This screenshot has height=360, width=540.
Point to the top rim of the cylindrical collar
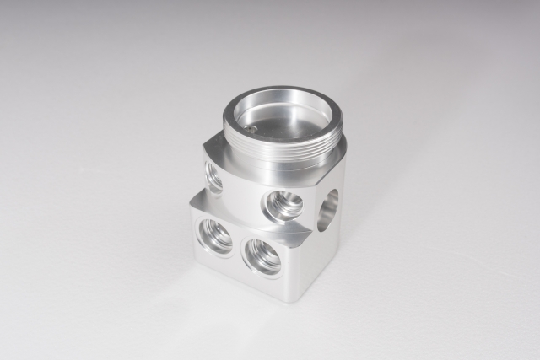283,90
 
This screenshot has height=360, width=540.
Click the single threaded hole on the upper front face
282,205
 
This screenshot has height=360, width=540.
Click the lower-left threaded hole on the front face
215,236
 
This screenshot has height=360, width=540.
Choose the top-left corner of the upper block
204,145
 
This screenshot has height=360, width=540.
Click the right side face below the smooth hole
325,253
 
